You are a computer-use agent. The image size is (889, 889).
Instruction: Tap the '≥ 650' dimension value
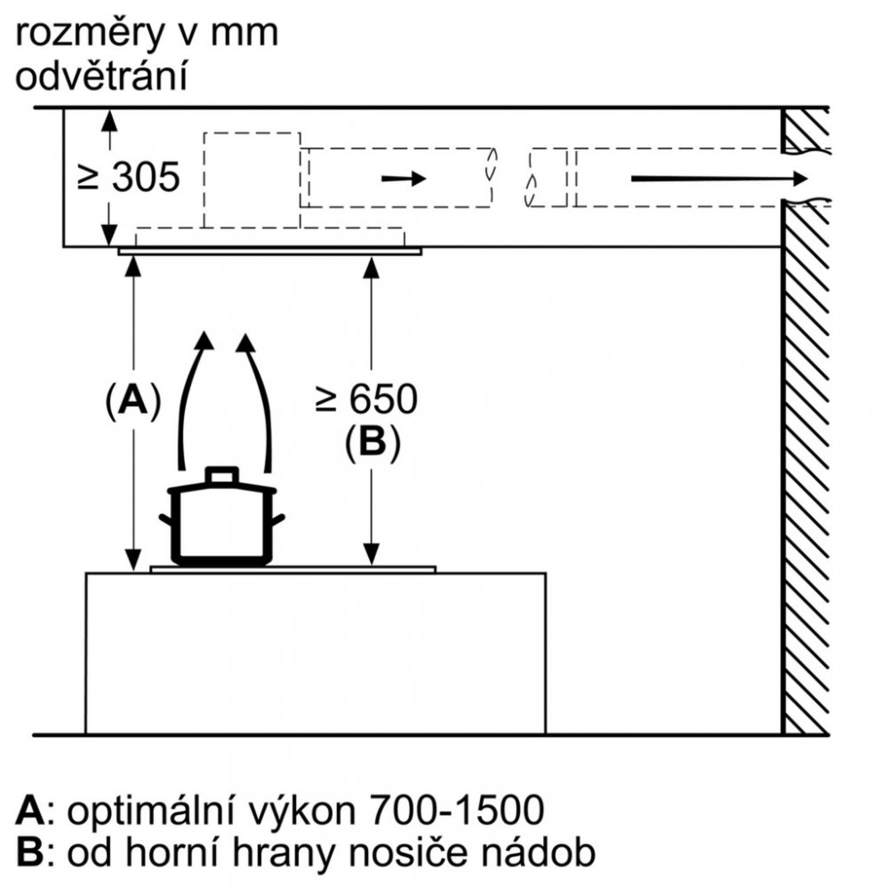pyautogui.click(x=366, y=401)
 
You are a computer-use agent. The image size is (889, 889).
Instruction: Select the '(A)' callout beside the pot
pyautogui.click(x=132, y=401)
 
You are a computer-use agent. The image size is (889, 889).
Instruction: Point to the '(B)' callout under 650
pyautogui.click(x=372, y=444)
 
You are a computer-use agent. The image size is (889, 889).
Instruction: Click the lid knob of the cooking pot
pyautogui.click(x=221, y=474)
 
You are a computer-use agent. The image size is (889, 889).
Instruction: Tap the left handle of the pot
pyautogui.click(x=166, y=520)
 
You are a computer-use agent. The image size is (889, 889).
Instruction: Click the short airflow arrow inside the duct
pyautogui.click(x=403, y=179)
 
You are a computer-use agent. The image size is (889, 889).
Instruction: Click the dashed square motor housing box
pyautogui.click(x=252, y=180)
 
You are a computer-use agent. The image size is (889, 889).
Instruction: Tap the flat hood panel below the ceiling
pyautogui.click(x=269, y=252)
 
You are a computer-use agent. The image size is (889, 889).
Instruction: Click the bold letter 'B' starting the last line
pyautogui.click(x=29, y=853)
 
